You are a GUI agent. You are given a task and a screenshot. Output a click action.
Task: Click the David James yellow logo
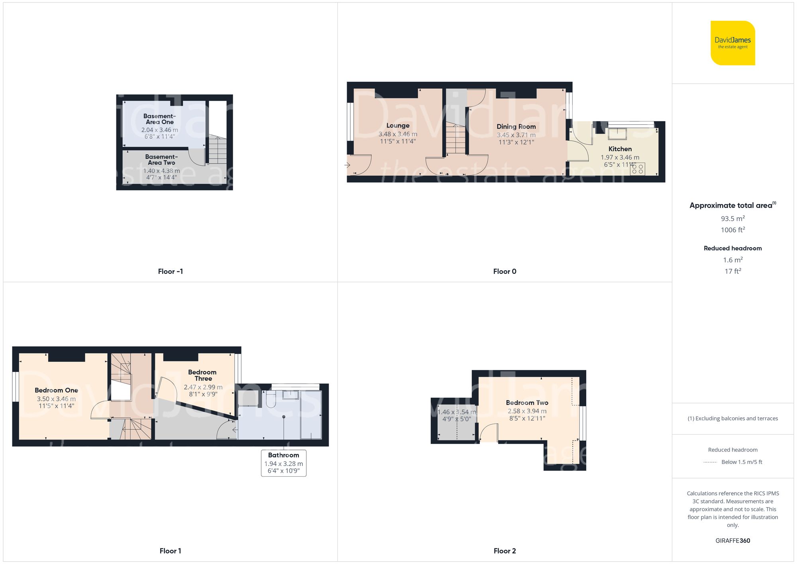[733, 43]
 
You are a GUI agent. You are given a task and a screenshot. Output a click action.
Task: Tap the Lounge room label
[398, 126]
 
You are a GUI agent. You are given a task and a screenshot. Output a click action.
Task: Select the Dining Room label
[516, 127]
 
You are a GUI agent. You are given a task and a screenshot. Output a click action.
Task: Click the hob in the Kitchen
[638, 169]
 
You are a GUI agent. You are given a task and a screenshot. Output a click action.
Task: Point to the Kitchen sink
[617, 134]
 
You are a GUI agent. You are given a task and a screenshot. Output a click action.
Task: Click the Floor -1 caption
[171, 271]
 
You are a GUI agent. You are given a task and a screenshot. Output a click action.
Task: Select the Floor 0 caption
[505, 271]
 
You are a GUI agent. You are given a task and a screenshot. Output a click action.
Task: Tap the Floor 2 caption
[505, 551]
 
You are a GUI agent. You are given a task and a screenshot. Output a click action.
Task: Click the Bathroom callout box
[284, 463]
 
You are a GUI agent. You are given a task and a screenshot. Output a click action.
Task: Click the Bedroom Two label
[527, 403]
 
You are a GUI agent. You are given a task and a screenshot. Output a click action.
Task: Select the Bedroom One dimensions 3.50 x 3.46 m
[56, 399]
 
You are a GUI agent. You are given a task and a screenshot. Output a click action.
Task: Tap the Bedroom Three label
[203, 375]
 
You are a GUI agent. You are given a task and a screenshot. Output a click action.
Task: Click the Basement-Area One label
[160, 119]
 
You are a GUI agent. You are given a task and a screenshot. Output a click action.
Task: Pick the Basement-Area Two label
[161, 159]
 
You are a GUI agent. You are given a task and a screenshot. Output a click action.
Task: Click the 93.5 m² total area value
[733, 218]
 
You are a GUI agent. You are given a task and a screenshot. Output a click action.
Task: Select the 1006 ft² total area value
[733, 230]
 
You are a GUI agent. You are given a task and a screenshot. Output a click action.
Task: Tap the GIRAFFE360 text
[733, 540]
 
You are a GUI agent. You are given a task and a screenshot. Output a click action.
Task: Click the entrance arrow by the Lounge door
[347, 165]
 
